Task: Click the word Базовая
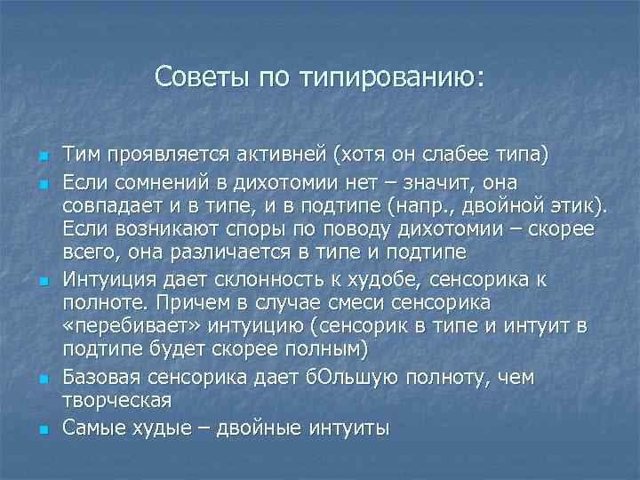[x=103, y=378]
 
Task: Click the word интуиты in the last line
[x=348, y=428]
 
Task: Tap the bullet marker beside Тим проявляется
[x=42, y=158]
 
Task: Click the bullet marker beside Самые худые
[x=42, y=429]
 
